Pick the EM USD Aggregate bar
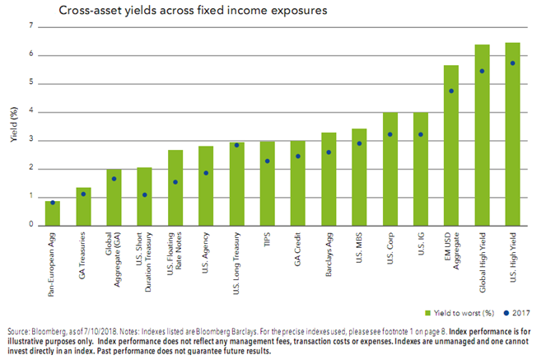450,145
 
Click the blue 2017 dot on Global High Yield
481,71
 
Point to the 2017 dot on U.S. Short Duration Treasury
144,195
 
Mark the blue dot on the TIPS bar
267,161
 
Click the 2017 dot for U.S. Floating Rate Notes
175,182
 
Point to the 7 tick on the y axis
32,26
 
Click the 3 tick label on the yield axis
32,140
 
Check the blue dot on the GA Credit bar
297,156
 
